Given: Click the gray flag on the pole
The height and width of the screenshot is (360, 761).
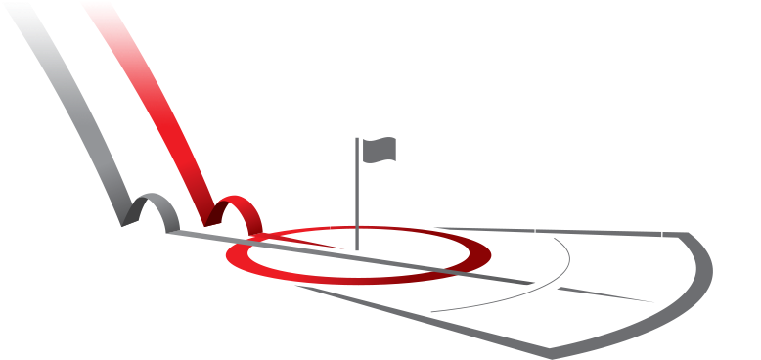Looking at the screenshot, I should [380, 150].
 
